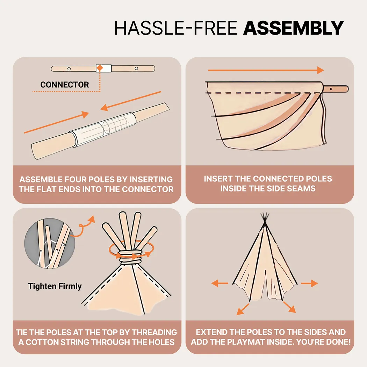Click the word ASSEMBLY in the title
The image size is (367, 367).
(x=293, y=28)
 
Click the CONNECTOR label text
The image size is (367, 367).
(x=65, y=85)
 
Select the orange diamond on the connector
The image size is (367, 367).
(x=100, y=68)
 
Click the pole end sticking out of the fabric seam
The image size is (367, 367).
(x=336, y=89)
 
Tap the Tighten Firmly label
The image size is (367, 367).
(x=55, y=286)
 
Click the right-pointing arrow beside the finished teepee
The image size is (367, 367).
(x=309, y=283)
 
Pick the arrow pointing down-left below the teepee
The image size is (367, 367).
(x=243, y=309)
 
